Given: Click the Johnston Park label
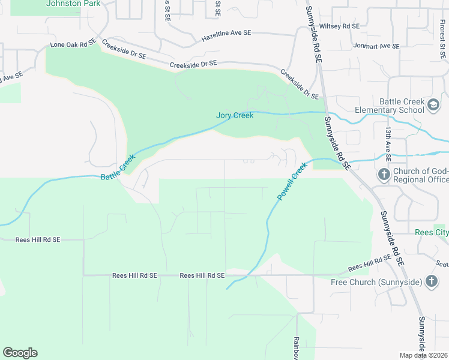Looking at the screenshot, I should point(73,3).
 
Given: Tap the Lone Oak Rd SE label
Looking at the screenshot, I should point(73,44).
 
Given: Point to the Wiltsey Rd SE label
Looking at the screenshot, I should point(339,26).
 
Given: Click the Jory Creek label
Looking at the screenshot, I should point(235,115).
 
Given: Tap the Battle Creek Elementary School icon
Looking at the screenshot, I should point(433,106).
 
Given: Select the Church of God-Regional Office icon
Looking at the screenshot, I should point(384,175).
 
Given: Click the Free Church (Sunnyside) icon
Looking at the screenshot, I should point(431,281).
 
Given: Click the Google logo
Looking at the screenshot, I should point(20,353).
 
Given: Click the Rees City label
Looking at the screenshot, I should point(432,232).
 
